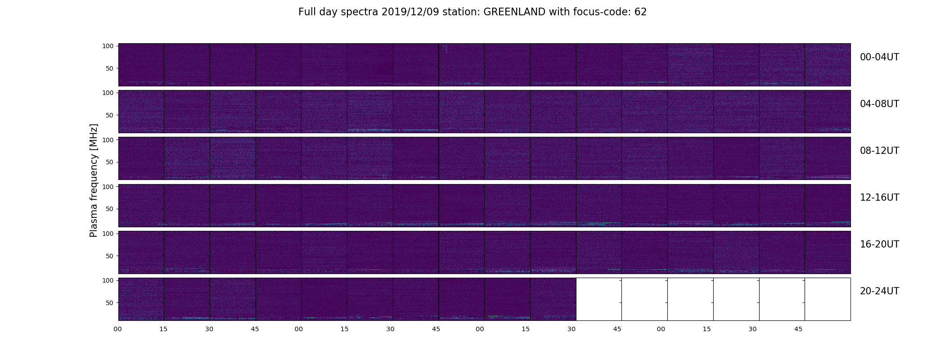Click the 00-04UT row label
point(879,57)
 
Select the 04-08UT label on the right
point(879,104)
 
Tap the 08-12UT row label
point(879,151)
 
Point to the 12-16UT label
point(879,198)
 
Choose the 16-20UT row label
point(879,244)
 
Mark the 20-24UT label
point(879,291)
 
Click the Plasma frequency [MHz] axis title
point(94,180)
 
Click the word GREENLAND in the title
point(514,12)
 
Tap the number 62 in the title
point(641,12)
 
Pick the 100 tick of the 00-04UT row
point(108,46)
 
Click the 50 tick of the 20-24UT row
point(109,303)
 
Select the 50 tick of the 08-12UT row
point(109,162)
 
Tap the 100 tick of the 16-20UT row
point(108,234)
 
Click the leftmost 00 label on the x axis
point(117,329)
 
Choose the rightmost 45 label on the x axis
point(798,329)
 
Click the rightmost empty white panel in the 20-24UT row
point(828,299)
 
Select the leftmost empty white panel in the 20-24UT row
point(599,299)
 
